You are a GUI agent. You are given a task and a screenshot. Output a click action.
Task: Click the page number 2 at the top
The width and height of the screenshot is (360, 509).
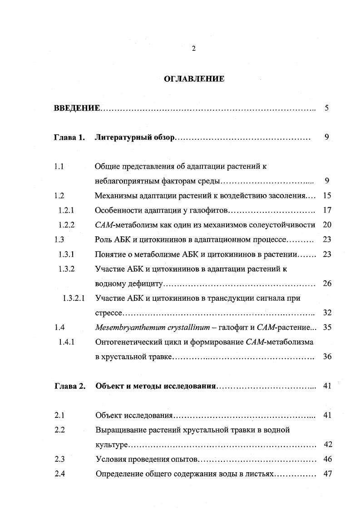(194, 49)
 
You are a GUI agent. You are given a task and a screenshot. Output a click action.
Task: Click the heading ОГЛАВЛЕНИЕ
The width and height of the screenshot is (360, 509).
(194, 79)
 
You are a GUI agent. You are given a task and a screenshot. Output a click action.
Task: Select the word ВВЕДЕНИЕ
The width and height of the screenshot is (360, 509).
(77, 108)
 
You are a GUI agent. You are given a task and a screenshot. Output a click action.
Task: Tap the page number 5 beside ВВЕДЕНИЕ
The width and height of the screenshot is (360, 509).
(326, 108)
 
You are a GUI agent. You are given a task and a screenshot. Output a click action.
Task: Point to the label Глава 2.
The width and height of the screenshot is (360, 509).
(69, 386)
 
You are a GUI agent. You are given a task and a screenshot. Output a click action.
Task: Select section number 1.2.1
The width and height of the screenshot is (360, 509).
(67, 210)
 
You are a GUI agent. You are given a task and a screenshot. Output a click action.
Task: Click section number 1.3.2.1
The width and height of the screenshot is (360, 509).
(73, 298)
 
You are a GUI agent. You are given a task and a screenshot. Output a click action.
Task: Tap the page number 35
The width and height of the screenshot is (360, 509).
(327, 327)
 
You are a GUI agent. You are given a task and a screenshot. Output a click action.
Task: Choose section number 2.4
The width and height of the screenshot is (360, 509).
(59, 474)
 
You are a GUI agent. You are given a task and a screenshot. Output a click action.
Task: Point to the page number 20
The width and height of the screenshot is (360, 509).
(327, 225)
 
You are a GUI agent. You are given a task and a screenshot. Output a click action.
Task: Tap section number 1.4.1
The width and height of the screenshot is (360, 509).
(67, 342)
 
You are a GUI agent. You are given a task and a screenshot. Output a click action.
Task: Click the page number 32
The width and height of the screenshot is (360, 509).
(327, 313)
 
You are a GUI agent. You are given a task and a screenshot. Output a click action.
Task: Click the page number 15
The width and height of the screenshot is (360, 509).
(327, 196)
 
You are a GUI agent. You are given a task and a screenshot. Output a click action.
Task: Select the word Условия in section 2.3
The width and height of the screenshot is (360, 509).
(109, 459)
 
